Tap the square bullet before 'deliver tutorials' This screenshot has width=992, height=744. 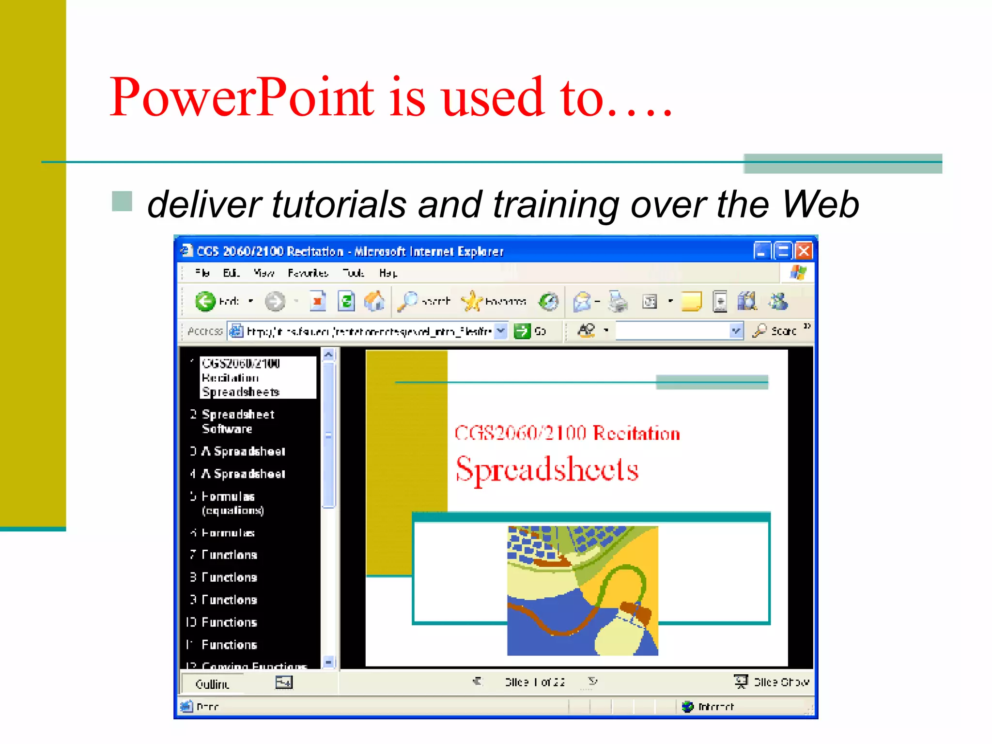[x=122, y=201]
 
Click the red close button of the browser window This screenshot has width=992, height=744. [x=804, y=251]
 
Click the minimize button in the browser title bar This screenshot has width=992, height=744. [x=761, y=251]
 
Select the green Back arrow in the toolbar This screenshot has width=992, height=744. [x=205, y=301]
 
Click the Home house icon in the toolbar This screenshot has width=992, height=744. [x=374, y=301]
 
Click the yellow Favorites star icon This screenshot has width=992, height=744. [x=471, y=301]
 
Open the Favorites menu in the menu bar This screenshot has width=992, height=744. [x=308, y=273]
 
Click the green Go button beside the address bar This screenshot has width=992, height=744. [x=523, y=331]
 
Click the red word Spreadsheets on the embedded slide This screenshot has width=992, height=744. [x=547, y=469]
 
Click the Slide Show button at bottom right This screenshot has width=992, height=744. [x=772, y=682]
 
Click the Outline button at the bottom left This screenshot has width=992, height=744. [x=212, y=683]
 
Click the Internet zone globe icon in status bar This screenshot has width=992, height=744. [x=687, y=707]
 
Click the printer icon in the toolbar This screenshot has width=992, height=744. [x=618, y=301]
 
